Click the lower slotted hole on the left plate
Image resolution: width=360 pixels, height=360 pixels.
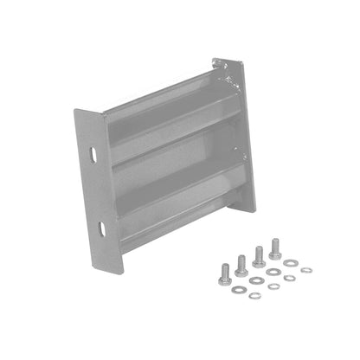pos(101,228)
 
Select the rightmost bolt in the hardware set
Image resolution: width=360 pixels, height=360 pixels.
pos(275,249)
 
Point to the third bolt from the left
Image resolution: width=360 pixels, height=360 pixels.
pos(258,256)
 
